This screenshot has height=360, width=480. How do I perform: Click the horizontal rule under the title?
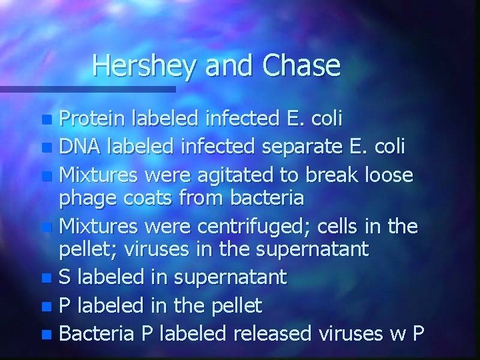[x=87, y=88]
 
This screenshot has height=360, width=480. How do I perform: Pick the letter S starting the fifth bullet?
[x=65, y=276]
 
